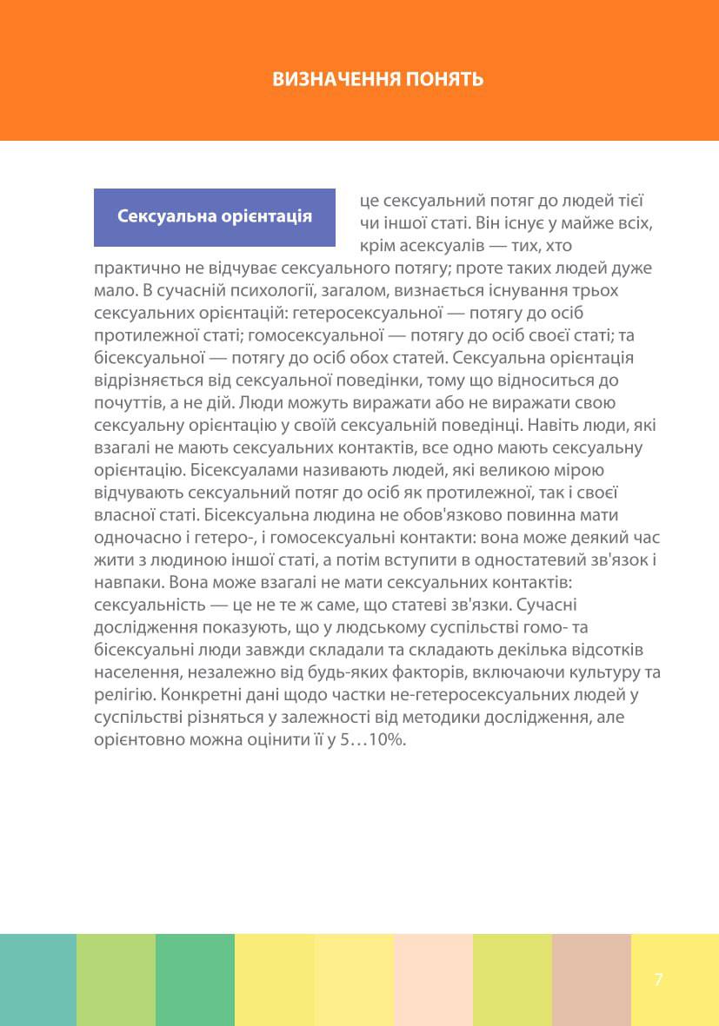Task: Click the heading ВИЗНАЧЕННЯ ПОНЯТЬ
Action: pos(378,79)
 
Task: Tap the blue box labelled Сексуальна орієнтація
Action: pos(215,216)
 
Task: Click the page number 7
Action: pos(658,979)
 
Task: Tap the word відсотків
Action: pos(619,652)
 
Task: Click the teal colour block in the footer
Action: pos(38,979)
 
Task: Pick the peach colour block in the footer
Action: pos(433,979)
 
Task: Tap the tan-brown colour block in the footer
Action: pos(591,979)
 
